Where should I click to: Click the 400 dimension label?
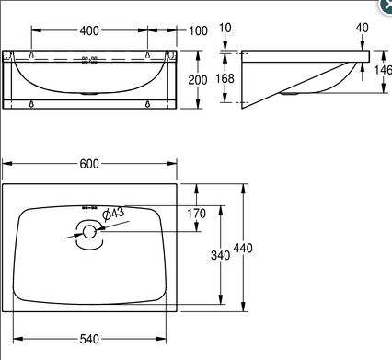[x=89, y=30]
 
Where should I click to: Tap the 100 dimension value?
[x=198, y=30]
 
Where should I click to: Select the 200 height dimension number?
[x=198, y=80]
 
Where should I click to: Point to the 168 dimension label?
[x=225, y=78]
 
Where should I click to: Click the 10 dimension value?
[x=225, y=28]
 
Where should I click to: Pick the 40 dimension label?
[x=363, y=28]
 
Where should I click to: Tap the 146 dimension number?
[x=383, y=70]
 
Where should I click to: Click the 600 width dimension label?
[x=89, y=164]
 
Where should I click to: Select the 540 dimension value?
[x=89, y=339]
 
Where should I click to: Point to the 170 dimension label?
[x=197, y=214]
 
